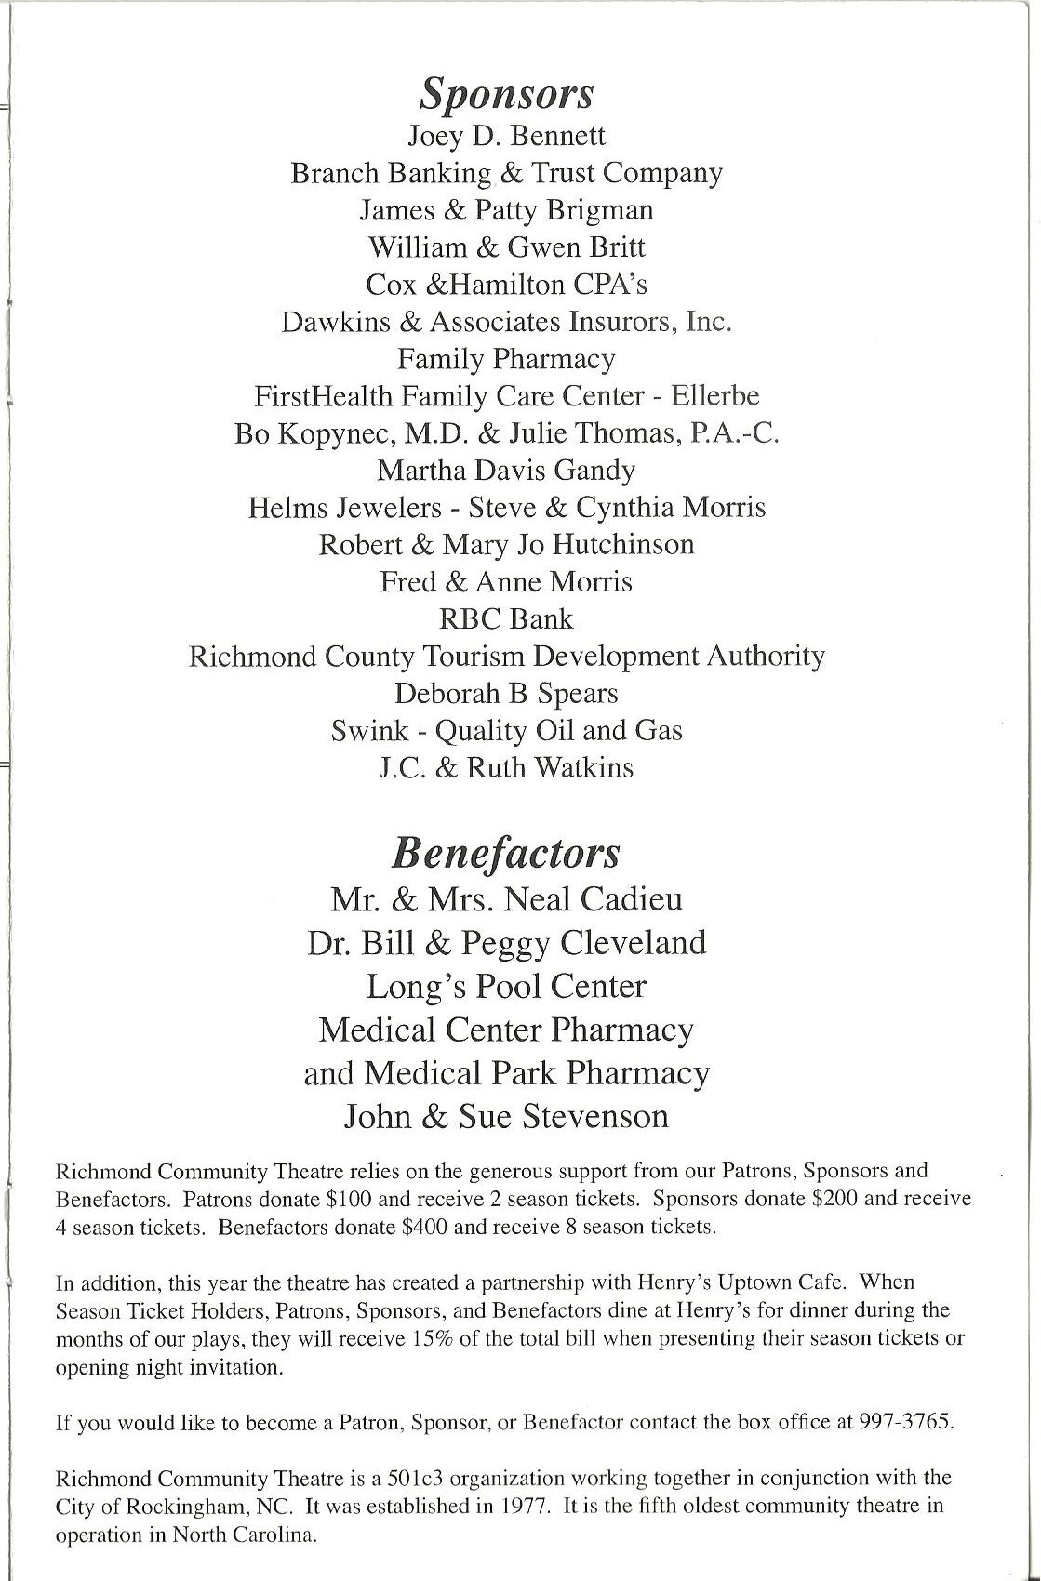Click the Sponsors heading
pyautogui.click(x=507, y=94)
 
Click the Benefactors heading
pyautogui.click(x=506, y=853)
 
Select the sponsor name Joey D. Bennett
pyautogui.click(x=507, y=136)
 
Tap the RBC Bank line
pyautogui.click(x=507, y=618)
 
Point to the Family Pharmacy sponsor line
pyautogui.click(x=507, y=359)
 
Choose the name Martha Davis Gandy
pyautogui.click(x=507, y=471)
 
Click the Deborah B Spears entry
pyautogui.click(x=507, y=694)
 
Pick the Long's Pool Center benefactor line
pyautogui.click(x=507, y=986)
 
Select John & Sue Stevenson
pyautogui.click(x=507, y=1116)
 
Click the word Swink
pyautogui.click(x=369, y=731)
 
